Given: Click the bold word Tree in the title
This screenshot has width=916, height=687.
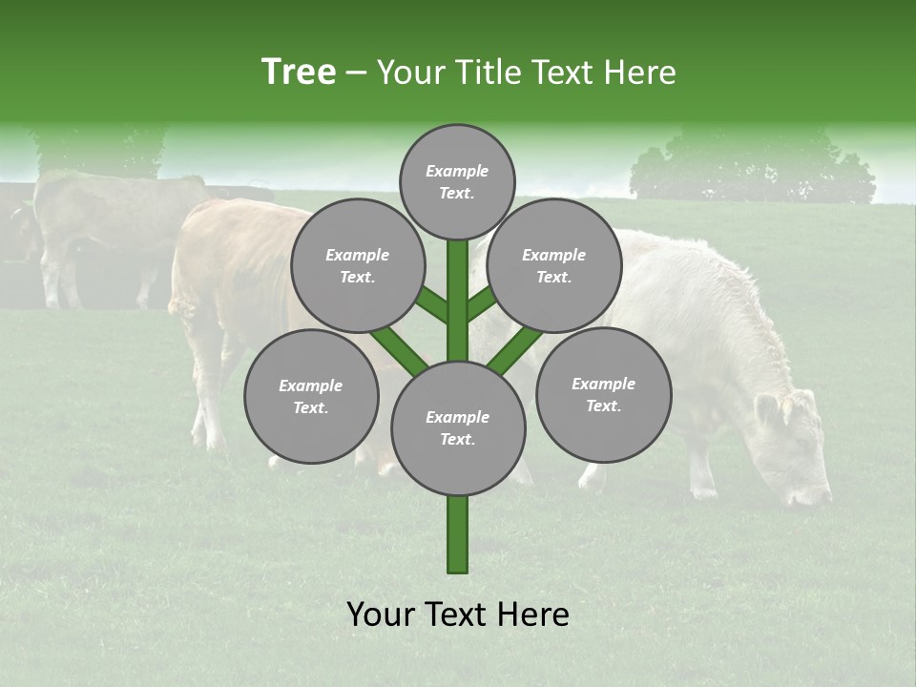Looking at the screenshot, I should [x=299, y=73].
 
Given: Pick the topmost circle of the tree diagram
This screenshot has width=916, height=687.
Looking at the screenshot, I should [x=457, y=181].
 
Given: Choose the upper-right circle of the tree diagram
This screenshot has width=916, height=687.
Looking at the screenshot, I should [x=554, y=265].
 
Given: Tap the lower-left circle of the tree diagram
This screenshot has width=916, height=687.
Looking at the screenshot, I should [x=311, y=396].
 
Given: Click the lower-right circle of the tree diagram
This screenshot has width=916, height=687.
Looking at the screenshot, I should [x=604, y=394].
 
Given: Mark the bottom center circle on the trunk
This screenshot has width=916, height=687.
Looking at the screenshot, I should [x=458, y=427].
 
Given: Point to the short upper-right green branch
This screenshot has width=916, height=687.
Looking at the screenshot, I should [x=481, y=303].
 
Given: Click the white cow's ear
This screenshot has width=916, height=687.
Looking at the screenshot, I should [x=768, y=410].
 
